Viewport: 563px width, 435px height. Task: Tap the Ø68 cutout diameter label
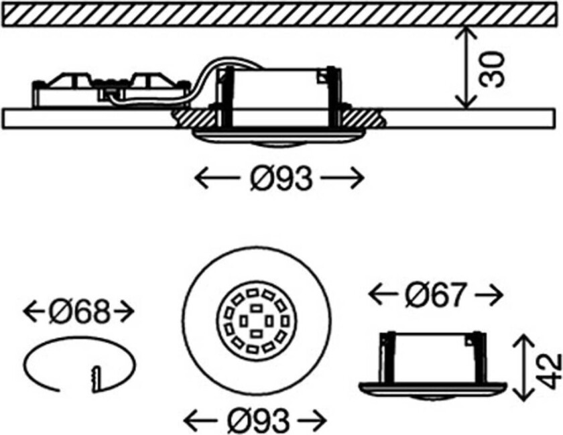[79, 312]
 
